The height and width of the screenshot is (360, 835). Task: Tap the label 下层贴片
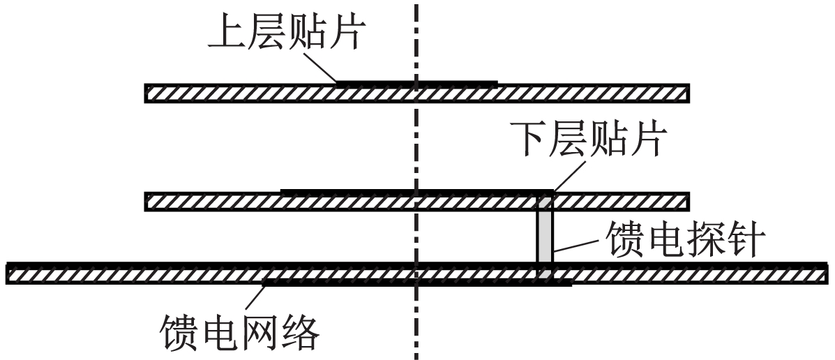589,139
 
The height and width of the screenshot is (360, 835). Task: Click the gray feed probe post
544,235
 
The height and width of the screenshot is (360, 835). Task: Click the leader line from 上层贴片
322,67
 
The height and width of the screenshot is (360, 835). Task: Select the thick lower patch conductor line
417,191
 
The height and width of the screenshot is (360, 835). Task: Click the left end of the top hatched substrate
146,93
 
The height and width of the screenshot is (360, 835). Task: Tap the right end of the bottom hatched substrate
827,273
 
